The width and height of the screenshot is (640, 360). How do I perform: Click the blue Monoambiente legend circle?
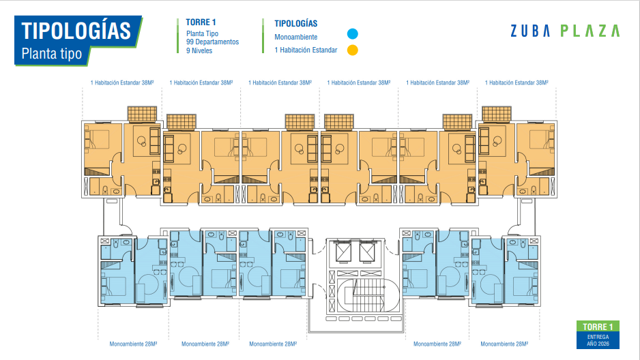point(352,34)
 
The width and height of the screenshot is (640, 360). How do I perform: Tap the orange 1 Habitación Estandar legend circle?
point(352,50)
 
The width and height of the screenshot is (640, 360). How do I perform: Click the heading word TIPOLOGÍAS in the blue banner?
point(76,31)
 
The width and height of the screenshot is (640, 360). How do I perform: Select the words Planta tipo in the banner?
point(51,53)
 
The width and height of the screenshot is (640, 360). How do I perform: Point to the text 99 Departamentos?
point(212,42)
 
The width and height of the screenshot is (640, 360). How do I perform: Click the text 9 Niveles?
point(199,50)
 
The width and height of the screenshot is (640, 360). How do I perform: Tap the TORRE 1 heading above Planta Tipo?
point(201,22)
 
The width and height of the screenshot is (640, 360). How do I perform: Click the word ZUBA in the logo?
point(530,31)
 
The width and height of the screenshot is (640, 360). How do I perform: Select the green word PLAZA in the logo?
point(590,31)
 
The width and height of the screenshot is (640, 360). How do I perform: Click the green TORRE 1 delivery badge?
point(598,327)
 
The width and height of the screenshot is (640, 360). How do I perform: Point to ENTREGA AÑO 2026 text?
point(598,340)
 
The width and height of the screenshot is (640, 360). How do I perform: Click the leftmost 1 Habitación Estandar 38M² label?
point(122,82)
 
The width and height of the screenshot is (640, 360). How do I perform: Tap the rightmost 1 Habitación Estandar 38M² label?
point(517,82)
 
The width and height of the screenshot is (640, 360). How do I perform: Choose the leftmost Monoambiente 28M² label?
point(133,344)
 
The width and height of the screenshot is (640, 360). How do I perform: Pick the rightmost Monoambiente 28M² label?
point(504,344)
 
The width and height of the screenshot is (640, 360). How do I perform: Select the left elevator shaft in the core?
point(343,252)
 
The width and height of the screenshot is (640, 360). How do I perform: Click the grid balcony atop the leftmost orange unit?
point(142,114)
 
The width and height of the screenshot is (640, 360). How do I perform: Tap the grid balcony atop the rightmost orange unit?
point(496,114)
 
